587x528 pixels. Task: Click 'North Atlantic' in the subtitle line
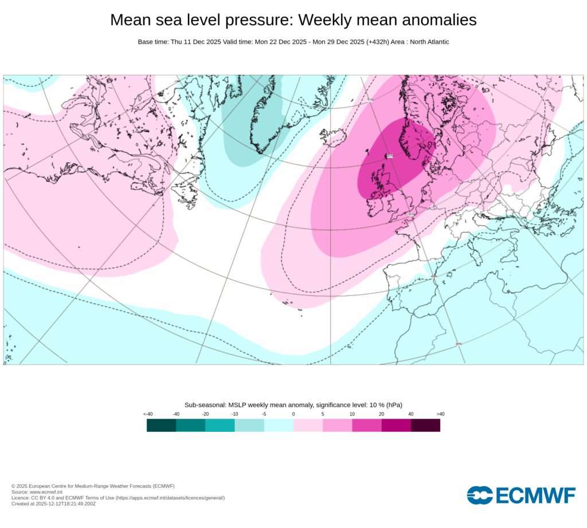[x=428, y=42]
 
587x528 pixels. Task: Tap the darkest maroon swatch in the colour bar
[x=425, y=425]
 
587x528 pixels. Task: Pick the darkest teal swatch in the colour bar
[x=161, y=425]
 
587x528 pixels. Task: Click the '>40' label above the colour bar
[x=440, y=414]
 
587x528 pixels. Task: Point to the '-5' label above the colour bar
[x=264, y=414]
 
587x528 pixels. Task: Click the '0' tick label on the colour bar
[x=293, y=414]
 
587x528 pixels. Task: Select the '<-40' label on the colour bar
[x=147, y=414]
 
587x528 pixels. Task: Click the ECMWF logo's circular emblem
[x=479, y=495]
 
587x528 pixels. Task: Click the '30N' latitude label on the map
[x=458, y=344]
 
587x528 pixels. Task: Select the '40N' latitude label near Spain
[x=433, y=276]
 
